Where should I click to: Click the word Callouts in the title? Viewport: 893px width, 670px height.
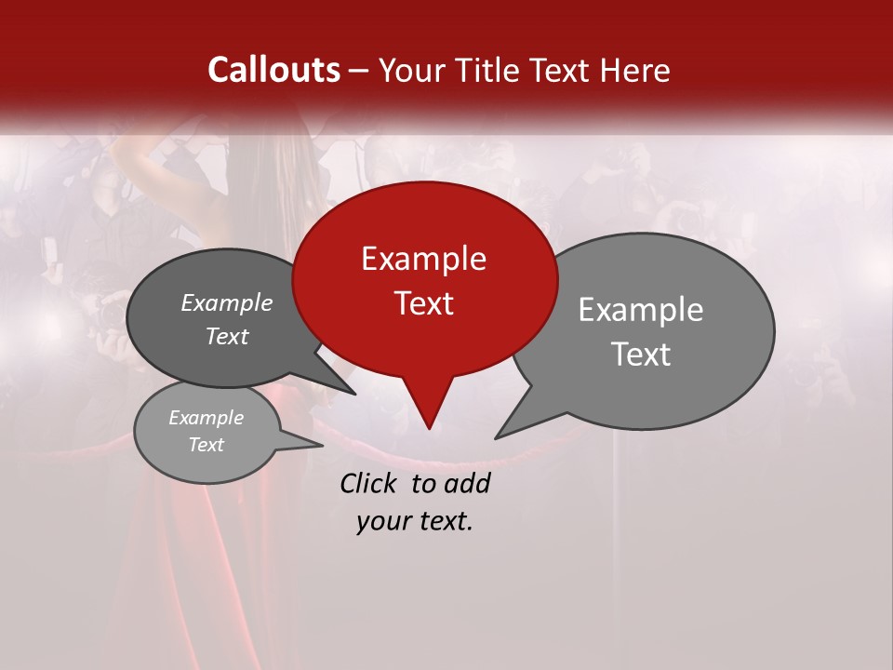[x=273, y=70]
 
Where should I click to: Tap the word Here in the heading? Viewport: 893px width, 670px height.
[x=635, y=70]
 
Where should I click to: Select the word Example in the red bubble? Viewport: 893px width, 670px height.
[x=423, y=259]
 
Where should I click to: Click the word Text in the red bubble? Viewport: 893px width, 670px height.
[x=423, y=302]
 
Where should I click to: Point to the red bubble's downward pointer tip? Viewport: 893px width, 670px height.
[x=429, y=428]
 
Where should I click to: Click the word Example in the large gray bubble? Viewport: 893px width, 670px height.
[x=641, y=310]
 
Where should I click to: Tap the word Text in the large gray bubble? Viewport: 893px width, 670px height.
[x=641, y=354]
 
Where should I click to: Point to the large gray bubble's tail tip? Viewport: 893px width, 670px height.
[x=496, y=437]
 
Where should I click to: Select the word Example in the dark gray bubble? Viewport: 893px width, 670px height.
[x=227, y=303]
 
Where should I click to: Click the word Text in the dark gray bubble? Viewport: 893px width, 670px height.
[x=227, y=336]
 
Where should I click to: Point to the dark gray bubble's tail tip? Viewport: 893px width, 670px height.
[x=354, y=394]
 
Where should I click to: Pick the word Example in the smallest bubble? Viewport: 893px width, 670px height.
[x=206, y=418]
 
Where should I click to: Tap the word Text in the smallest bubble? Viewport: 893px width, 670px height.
[x=206, y=445]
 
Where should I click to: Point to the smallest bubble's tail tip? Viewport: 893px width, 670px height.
[x=322, y=446]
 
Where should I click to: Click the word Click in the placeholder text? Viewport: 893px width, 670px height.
[x=369, y=483]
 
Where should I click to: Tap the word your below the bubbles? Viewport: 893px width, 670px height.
[x=383, y=521]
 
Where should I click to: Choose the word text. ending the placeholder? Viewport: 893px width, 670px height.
[x=445, y=521]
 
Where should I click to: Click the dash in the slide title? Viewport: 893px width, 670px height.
[x=360, y=71]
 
